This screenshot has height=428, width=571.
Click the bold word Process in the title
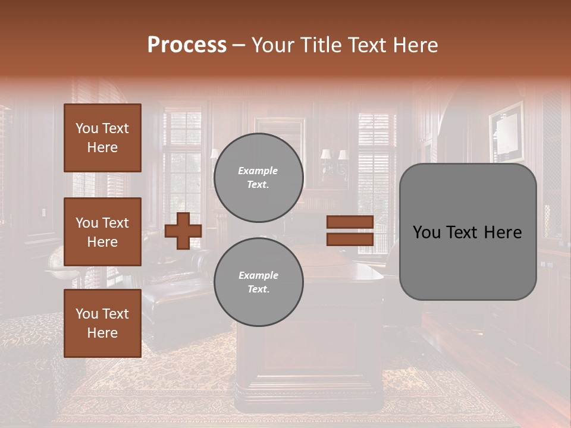[x=187, y=45]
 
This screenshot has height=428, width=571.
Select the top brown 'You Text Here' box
[x=102, y=138]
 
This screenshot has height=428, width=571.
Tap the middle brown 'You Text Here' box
[x=102, y=232]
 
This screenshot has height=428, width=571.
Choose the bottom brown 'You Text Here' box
[x=102, y=323]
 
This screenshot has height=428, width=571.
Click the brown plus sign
[x=183, y=231]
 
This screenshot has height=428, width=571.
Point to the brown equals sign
[x=350, y=231]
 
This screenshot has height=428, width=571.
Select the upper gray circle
[x=258, y=178]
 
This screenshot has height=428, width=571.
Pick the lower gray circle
[x=258, y=282]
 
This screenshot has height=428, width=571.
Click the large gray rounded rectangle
[x=468, y=232]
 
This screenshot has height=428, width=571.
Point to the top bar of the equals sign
[x=350, y=222]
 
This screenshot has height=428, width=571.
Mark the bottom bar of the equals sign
[x=350, y=239]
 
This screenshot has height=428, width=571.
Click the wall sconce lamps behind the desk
[x=333, y=157]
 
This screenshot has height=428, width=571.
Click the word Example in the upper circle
[x=258, y=171]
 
